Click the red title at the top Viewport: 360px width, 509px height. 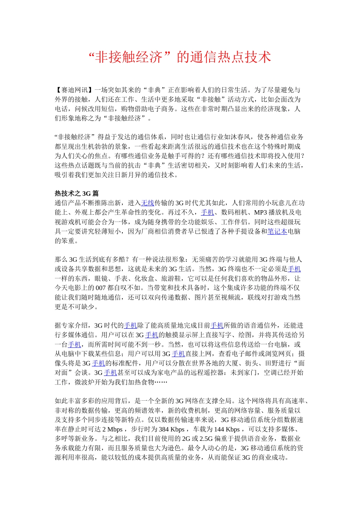(180, 57)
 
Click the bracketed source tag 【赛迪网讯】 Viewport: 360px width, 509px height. (75, 90)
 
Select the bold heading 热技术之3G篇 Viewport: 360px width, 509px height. (77, 194)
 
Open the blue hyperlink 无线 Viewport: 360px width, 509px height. (147, 203)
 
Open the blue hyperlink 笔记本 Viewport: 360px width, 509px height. (277, 231)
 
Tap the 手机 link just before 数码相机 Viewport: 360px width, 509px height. (207, 212)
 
